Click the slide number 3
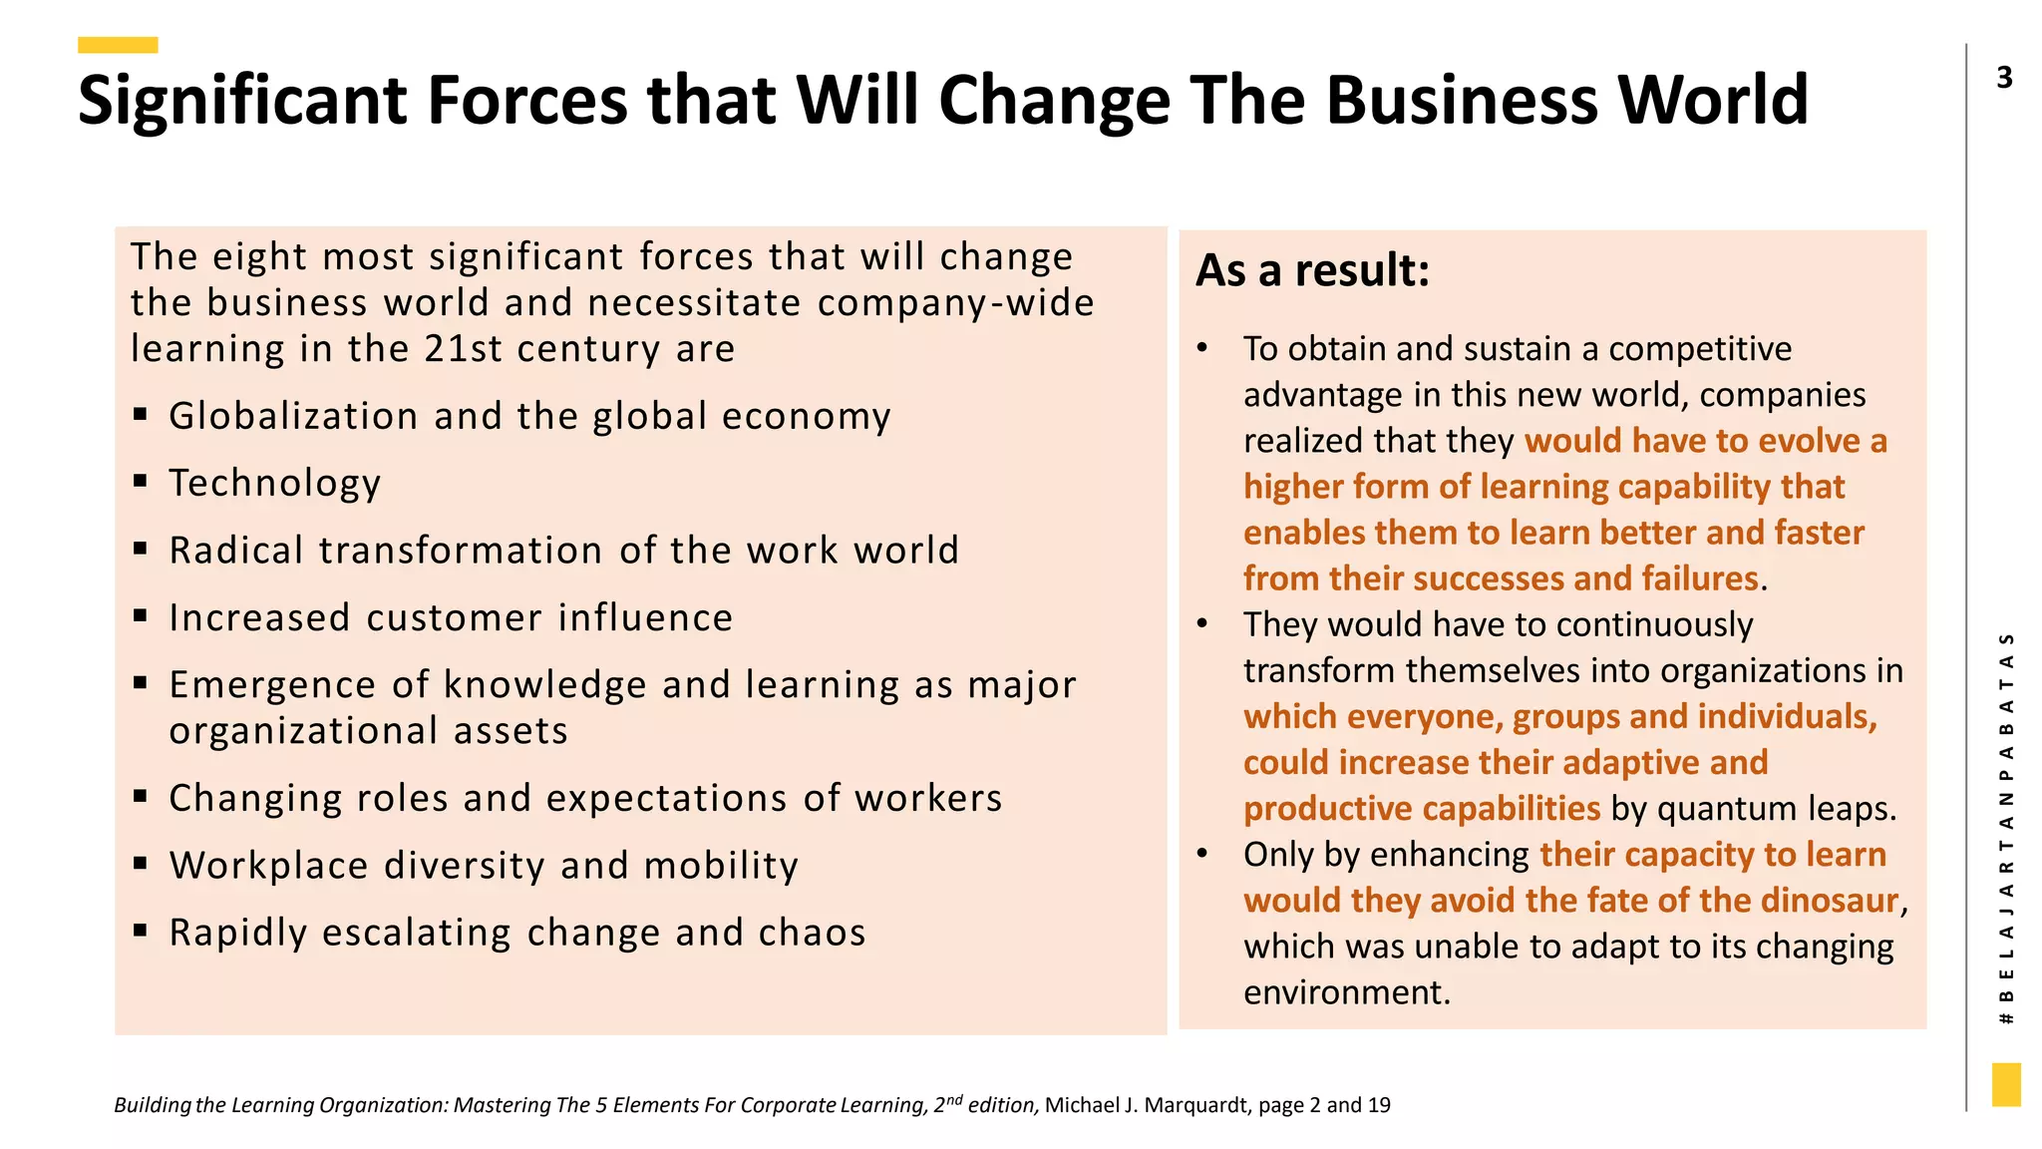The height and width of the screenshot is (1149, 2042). tap(2005, 78)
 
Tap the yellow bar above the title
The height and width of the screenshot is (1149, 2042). tap(118, 45)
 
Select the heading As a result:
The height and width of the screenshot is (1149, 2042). tap(1312, 270)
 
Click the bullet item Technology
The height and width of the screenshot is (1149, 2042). tap(275, 483)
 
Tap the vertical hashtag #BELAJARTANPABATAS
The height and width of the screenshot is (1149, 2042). tap(2007, 828)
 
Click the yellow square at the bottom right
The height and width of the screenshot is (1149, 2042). tap(2006, 1084)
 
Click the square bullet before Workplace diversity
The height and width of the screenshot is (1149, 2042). tap(141, 863)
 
